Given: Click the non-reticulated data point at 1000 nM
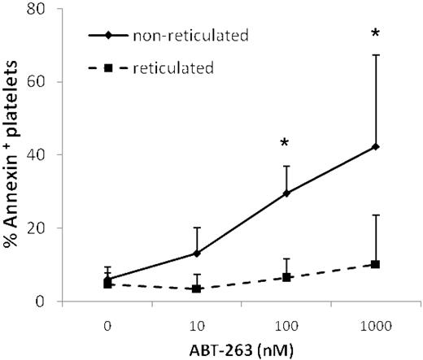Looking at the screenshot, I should tap(375, 146).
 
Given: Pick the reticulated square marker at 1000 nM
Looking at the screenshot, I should tap(375, 264).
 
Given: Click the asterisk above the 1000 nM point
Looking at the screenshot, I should tap(375, 34).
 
